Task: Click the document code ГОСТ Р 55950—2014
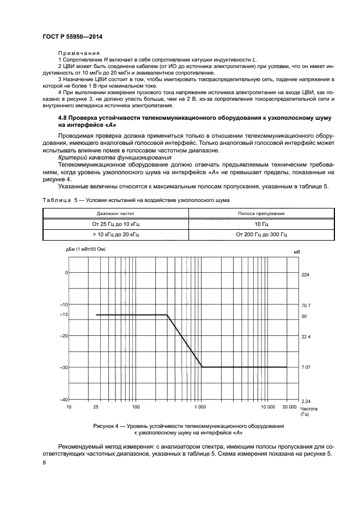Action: [x=72, y=37]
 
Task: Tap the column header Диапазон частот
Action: [x=115, y=214]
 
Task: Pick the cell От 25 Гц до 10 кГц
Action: [x=115, y=224]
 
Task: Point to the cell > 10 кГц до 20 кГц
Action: [x=115, y=234]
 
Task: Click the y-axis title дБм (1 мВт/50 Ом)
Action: [x=86, y=249]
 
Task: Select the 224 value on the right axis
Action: [x=305, y=275]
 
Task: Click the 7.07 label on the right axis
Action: [x=306, y=367]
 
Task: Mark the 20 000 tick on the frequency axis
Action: [x=289, y=407]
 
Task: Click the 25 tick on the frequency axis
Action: [x=96, y=407]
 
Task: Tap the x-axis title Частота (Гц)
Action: [x=309, y=411]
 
